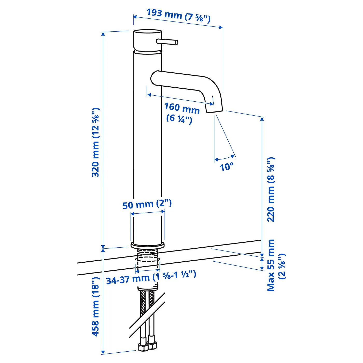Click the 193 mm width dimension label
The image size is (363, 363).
[x=178, y=16]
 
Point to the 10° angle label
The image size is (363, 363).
[x=226, y=166]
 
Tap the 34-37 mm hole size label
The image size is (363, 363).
[x=151, y=277]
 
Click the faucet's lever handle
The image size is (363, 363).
[x=167, y=42]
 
